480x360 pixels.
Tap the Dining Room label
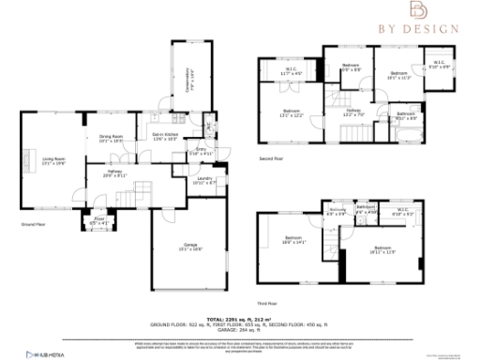[x=111, y=138]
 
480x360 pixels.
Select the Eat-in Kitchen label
[x=164, y=138]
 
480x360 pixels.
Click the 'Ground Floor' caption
[x=35, y=226]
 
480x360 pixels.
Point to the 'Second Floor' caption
[x=274, y=159]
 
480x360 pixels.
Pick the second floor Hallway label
[x=352, y=113]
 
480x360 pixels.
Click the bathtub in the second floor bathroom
[x=405, y=134]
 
